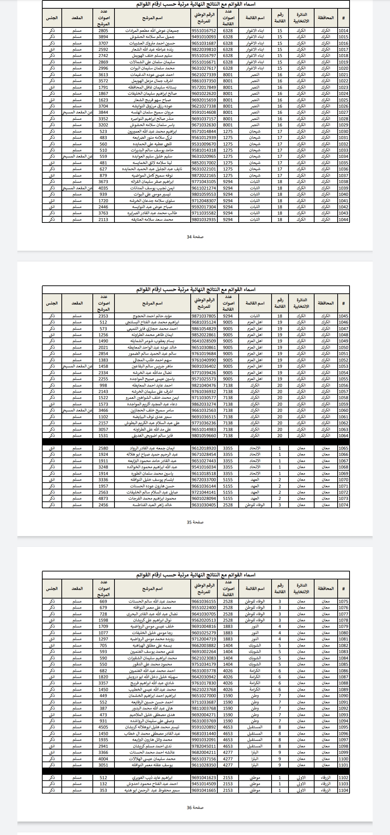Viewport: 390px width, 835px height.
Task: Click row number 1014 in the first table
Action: [x=343, y=31]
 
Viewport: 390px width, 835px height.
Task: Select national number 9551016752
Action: [x=204, y=31]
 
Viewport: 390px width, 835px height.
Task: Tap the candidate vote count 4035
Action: [x=103, y=188]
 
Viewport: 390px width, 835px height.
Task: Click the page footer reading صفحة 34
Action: [x=195, y=237]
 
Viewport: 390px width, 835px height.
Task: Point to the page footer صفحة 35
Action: [x=195, y=522]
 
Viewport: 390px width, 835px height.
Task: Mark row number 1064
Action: [x=343, y=436]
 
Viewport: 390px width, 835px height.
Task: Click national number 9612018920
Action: [x=204, y=448]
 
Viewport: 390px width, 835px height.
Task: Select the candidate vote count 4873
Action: [x=103, y=498]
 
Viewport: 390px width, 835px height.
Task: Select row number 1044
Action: [x=343, y=219]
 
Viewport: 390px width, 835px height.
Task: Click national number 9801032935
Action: [x=204, y=219]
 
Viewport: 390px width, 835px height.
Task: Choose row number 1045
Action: [x=343, y=316]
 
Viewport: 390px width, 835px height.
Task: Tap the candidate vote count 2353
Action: [x=103, y=316]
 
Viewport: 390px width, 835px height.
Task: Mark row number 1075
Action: [x=343, y=601]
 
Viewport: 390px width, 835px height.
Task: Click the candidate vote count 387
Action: [x=103, y=708]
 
